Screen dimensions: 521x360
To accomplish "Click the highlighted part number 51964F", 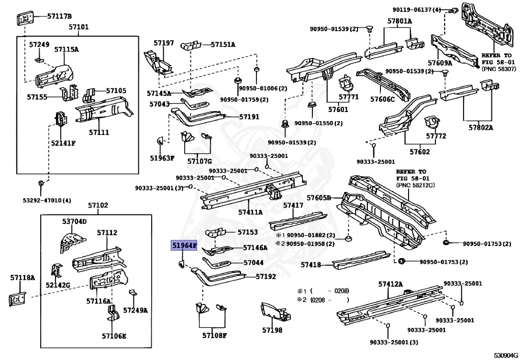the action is [x=184, y=246].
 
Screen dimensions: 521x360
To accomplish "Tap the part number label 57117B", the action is [x=60, y=16].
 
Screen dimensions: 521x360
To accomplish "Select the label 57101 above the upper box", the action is [x=79, y=27].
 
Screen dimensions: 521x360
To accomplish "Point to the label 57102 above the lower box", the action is [x=98, y=205].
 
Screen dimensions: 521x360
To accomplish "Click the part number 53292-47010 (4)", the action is [x=47, y=201].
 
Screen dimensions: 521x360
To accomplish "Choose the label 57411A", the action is [x=250, y=212].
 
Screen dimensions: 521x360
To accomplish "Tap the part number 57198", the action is [x=272, y=330].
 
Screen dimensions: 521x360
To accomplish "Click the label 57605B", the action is [x=319, y=198].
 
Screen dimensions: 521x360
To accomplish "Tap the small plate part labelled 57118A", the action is [x=17, y=299].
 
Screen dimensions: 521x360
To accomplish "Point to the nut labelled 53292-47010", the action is [x=40, y=183].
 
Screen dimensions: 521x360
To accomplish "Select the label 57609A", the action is [x=440, y=63].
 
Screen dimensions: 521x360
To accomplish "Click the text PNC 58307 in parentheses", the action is [x=499, y=69].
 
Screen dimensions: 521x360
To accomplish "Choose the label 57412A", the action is [x=391, y=284].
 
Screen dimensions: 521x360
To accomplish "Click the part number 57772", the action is [x=436, y=136].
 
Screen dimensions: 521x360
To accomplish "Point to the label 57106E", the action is [x=114, y=336].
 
